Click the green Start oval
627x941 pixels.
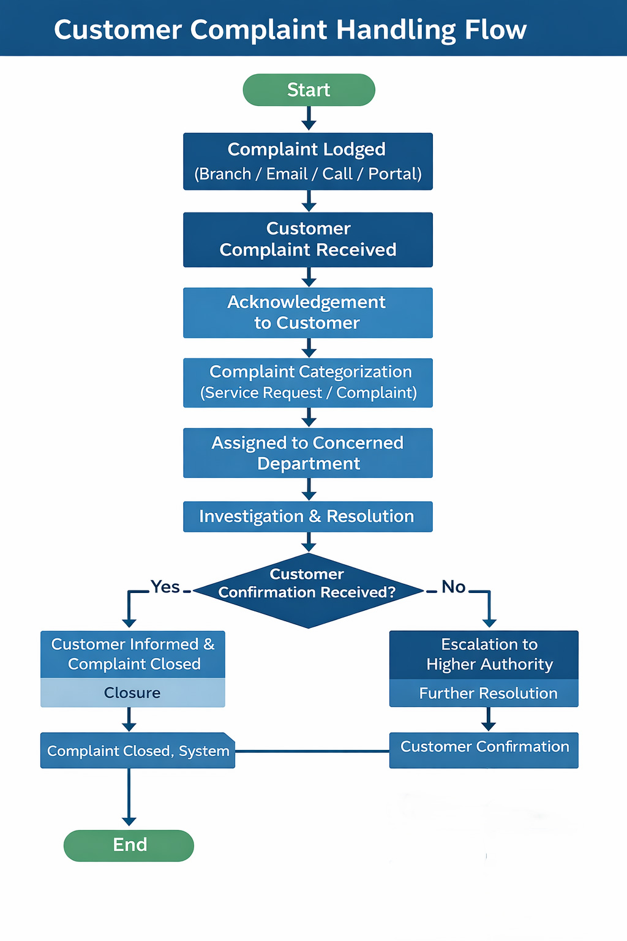coord(309,90)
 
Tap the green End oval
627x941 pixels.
coord(129,845)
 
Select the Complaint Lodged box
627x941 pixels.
coord(308,161)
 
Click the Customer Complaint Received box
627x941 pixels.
coord(308,240)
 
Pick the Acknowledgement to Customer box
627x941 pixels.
coord(308,312)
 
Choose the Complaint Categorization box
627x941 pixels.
coord(308,382)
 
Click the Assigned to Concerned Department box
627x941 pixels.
coord(308,453)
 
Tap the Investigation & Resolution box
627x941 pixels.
coord(308,516)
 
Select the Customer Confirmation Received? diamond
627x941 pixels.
coord(308,591)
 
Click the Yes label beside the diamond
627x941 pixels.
coord(165,587)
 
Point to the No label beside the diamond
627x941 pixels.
coord(454,587)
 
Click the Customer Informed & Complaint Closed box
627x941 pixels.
coord(133,654)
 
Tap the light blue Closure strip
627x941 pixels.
coord(133,693)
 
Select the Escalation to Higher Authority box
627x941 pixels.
coord(484,654)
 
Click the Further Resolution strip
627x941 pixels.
coord(484,693)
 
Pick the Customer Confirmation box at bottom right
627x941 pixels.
coord(484,750)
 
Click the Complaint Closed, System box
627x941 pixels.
coord(138,750)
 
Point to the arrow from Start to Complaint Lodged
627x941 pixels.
coord(309,118)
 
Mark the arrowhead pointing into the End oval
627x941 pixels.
coord(129,821)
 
